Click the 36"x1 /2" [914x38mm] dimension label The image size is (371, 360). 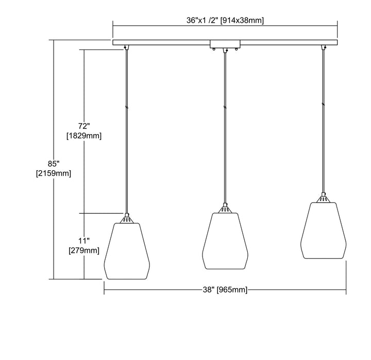(225, 20)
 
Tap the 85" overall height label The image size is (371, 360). (54, 163)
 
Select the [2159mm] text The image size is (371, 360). (54, 173)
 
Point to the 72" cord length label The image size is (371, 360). (84, 126)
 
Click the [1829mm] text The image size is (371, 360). (84, 136)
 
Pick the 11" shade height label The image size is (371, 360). (84, 241)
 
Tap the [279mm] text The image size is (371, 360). (84, 250)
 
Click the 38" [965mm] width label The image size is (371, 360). (225, 289)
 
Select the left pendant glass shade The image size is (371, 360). (127, 251)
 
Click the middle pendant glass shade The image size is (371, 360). (225, 241)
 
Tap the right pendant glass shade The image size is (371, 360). (324, 231)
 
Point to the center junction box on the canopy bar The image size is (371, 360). (225, 44)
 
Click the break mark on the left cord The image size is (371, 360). (127, 107)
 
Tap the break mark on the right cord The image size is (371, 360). (324, 104)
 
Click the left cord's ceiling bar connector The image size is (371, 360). (127, 47)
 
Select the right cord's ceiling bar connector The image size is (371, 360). (324, 47)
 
